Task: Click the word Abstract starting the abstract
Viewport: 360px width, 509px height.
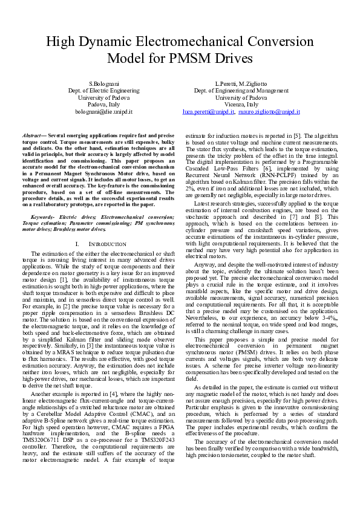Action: coord(33,136)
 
